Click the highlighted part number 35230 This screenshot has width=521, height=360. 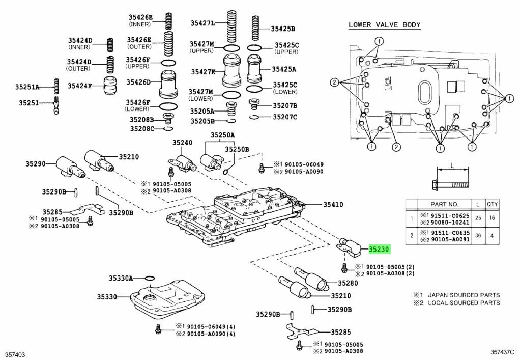(x=379, y=250)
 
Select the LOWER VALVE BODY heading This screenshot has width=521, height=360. (x=384, y=25)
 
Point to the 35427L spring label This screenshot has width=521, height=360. (x=202, y=23)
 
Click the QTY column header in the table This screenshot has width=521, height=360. (x=492, y=204)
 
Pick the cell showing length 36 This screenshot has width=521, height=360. (x=477, y=235)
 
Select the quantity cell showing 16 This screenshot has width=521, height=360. (x=492, y=217)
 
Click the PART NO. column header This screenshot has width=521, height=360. (x=444, y=204)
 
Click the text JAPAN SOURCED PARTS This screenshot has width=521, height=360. (x=464, y=295)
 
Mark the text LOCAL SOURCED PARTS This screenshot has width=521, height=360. (x=464, y=303)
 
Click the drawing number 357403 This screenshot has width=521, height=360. (x=15, y=352)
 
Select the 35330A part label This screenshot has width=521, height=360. (x=120, y=278)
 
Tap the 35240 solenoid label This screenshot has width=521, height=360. (x=182, y=143)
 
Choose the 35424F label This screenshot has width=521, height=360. (x=79, y=86)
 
